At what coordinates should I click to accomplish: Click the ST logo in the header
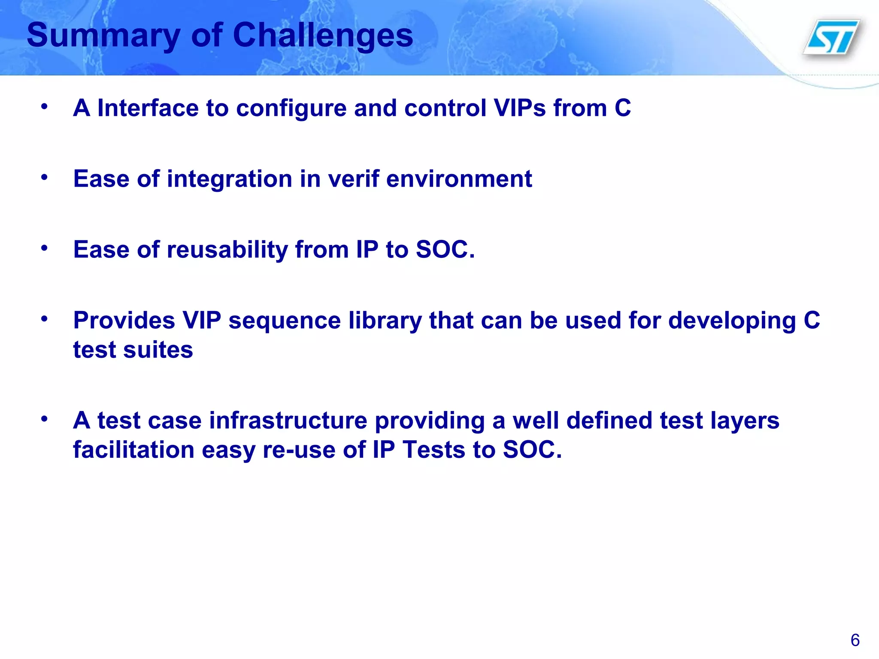click(832, 37)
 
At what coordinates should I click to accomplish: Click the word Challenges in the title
click(323, 35)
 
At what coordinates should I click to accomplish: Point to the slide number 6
click(855, 640)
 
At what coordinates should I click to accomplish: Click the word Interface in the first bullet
click(148, 108)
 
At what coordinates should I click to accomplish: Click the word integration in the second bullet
click(229, 179)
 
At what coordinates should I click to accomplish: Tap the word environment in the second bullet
click(459, 178)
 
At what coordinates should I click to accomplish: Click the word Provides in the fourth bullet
click(124, 320)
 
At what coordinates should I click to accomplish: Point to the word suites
click(158, 350)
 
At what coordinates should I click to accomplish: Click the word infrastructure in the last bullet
click(288, 420)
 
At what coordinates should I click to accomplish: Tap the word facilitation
click(133, 450)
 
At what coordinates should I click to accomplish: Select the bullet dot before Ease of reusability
click(44, 248)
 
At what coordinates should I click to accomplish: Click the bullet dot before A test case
click(44, 418)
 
